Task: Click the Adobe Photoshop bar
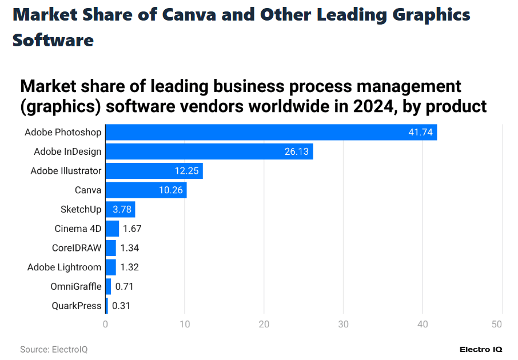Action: click(271, 132)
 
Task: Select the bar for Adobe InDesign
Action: click(209, 151)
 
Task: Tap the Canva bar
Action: click(146, 190)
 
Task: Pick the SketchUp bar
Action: click(120, 209)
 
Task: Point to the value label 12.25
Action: click(186, 171)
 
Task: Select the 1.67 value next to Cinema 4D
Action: click(132, 229)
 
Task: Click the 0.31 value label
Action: click(121, 306)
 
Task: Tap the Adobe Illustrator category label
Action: click(66, 171)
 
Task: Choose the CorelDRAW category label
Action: click(77, 248)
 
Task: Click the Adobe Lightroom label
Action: click(64, 267)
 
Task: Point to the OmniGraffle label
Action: click(75, 286)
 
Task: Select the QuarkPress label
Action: click(76, 306)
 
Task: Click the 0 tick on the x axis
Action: click(105, 325)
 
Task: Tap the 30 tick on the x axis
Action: click(343, 325)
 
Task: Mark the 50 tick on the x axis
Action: click(497, 325)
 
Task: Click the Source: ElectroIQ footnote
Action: click(54, 349)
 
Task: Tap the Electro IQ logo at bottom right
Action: click(480, 349)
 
